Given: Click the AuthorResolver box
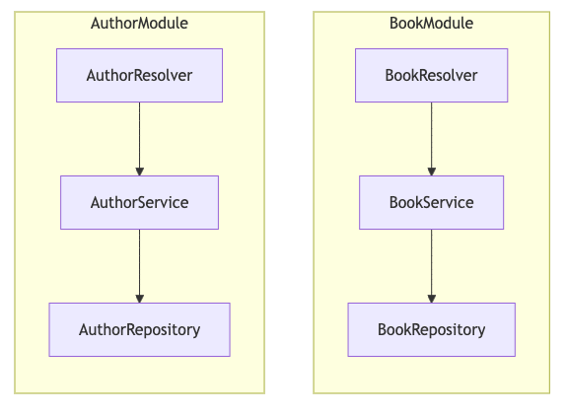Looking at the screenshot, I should (139, 75).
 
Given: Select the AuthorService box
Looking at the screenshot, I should (139, 202).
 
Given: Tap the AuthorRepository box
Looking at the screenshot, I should (139, 329).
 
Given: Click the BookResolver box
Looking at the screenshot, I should (431, 75).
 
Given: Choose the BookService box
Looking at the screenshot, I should (431, 202).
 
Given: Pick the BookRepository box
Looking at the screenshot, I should (431, 329).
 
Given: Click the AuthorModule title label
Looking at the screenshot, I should (139, 23).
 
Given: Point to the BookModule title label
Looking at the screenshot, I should (431, 23).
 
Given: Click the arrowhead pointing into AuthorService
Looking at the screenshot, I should (139, 171).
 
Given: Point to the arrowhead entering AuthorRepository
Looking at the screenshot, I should (139, 298).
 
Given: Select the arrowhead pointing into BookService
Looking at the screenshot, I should (431, 171).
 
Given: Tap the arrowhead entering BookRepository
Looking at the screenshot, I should (431, 298).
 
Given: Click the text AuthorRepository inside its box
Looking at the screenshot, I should (139, 330).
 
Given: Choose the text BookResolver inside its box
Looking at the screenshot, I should (431, 76).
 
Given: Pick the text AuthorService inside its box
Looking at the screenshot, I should (139, 203).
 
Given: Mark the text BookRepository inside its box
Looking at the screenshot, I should (431, 330).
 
